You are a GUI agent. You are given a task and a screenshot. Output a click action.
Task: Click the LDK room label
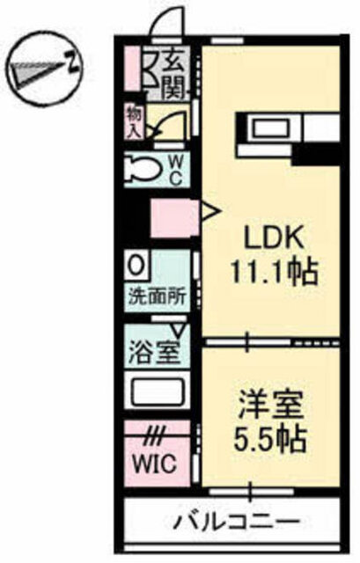click(x=273, y=238)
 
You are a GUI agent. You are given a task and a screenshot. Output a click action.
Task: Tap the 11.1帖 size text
click(x=274, y=272)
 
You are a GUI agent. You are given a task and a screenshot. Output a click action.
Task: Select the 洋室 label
click(x=270, y=406)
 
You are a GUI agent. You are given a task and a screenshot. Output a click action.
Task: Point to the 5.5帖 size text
click(x=270, y=440)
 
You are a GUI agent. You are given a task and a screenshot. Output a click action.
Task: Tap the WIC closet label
click(x=155, y=464)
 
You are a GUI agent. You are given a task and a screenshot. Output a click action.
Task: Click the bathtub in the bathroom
click(x=158, y=391)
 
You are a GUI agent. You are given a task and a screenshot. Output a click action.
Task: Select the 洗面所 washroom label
click(x=157, y=297)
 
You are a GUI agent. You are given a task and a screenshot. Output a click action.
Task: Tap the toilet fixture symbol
click(x=143, y=169)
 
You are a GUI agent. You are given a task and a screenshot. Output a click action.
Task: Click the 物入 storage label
click(x=134, y=123)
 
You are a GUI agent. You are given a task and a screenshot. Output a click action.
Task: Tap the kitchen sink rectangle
click(x=270, y=128)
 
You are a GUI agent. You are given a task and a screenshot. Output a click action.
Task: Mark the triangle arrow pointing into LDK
click(x=209, y=211)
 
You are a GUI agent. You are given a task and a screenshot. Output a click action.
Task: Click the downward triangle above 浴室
click(x=178, y=329)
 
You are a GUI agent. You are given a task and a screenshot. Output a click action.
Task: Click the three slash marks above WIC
click(x=155, y=437)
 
